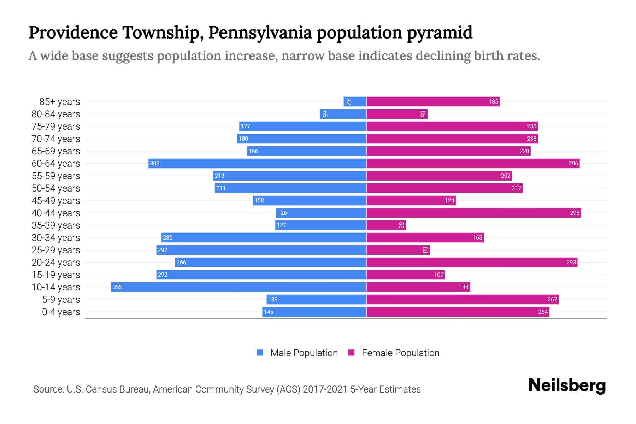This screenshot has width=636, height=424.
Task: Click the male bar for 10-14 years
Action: (x=238, y=287)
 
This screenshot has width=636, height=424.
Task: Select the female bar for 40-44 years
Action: (x=473, y=213)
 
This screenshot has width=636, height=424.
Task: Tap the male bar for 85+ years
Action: (x=355, y=101)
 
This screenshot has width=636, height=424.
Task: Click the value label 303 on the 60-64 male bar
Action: (x=155, y=163)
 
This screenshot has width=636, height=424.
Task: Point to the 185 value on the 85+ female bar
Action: (x=493, y=101)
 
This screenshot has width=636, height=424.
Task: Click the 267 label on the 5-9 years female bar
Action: (x=552, y=299)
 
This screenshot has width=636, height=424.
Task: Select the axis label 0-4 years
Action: (x=61, y=312)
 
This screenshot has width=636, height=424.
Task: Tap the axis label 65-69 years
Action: (x=56, y=151)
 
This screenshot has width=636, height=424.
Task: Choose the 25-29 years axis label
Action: (x=56, y=250)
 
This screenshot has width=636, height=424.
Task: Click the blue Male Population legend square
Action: (x=260, y=353)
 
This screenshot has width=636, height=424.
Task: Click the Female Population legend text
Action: (x=400, y=353)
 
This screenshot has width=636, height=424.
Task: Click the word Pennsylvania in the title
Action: (x=260, y=33)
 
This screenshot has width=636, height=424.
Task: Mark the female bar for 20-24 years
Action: (x=472, y=262)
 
